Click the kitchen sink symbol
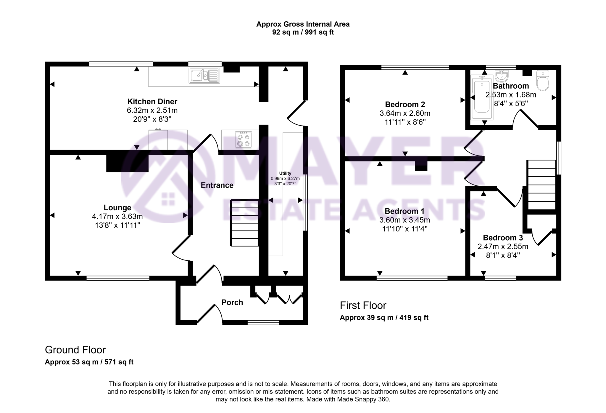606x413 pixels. tap(204, 75)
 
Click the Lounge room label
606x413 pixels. tap(117, 208)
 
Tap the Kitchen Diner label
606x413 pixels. tap(152, 102)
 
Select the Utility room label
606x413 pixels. tap(285, 173)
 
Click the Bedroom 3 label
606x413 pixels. tap(503, 238)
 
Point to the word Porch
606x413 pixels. tap(232, 302)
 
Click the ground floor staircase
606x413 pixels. tap(244, 223)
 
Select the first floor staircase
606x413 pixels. tap(542, 185)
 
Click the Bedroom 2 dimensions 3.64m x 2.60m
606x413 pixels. tap(405, 113)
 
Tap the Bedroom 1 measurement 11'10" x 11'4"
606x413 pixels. tap(404, 229)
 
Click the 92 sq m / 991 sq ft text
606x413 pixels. tap(303, 32)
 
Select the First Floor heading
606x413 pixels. tap(363, 305)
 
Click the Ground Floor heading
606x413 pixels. tap(75, 350)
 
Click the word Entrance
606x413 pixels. tap(217, 185)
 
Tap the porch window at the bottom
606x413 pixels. tap(263, 323)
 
